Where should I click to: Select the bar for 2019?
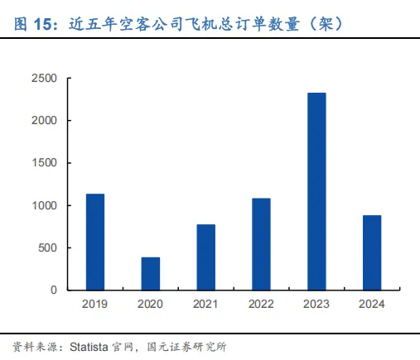click(x=95, y=242)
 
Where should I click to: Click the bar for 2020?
click(x=151, y=274)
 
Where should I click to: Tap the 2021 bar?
click(x=206, y=257)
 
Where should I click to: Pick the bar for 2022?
click(x=261, y=244)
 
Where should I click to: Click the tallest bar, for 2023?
click(x=316, y=191)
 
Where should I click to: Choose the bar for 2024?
click(x=372, y=252)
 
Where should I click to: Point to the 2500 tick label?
click(x=44, y=79)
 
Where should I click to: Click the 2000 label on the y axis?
click(x=44, y=121)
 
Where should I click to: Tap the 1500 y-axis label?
click(x=45, y=163)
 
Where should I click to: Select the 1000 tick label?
click(x=45, y=205)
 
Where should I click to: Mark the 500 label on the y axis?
click(x=47, y=247)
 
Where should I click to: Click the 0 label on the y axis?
click(x=54, y=290)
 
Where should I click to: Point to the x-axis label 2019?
click(x=94, y=304)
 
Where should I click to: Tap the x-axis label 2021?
click(x=205, y=304)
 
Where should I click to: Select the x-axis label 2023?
click(x=316, y=304)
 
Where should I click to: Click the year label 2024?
click(x=372, y=304)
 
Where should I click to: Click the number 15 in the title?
click(x=43, y=24)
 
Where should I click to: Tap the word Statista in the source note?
click(x=89, y=347)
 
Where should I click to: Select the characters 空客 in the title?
click(x=135, y=24)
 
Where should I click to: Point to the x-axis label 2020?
click(x=150, y=304)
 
